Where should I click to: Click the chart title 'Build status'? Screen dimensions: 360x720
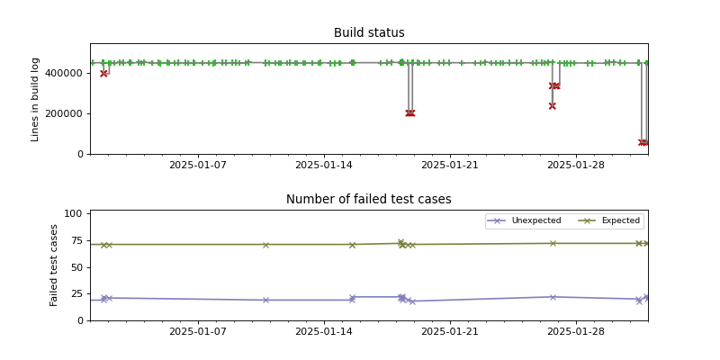click(369, 33)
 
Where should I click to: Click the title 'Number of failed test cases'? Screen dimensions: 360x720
click(369, 200)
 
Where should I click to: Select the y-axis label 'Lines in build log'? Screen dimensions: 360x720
click(36, 99)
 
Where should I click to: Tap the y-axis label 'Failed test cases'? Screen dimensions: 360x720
click(54, 265)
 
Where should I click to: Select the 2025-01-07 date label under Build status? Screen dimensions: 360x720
click(198, 166)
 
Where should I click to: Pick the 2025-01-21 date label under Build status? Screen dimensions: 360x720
click(448, 166)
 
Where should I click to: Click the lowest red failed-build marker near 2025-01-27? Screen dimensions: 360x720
click(552, 106)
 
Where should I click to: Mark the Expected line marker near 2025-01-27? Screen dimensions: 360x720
click(553, 243)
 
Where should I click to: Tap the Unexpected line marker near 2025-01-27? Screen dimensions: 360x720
click(553, 297)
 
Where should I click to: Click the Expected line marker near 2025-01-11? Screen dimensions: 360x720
click(265, 245)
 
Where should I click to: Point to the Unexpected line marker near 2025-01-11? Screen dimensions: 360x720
click(265, 300)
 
